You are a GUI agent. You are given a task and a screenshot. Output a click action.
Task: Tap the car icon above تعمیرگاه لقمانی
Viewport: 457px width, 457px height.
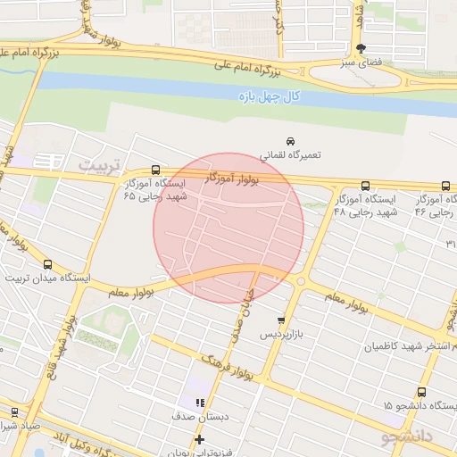click(x=290, y=142)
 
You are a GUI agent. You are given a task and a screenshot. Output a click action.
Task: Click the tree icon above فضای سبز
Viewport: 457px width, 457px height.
click(x=361, y=49)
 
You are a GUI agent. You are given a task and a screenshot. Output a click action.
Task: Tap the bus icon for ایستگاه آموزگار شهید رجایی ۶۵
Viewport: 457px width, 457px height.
click(x=156, y=170)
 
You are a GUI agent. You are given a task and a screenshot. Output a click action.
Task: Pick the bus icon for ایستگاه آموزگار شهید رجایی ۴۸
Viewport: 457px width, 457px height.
click(x=364, y=187)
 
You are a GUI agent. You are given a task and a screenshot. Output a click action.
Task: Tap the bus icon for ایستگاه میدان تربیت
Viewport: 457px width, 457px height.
click(x=47, y=264)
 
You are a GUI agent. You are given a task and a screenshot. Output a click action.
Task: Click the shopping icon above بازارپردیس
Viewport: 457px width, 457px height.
click(x=282, y=320)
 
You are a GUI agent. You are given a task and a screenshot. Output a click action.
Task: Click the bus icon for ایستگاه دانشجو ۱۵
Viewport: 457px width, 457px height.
click(x=422, y=392)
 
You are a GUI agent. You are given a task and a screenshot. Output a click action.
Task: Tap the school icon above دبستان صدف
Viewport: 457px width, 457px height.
click(x=200, y=403)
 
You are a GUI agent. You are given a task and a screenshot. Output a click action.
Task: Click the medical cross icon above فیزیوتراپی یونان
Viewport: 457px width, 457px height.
click(x=199, y=439)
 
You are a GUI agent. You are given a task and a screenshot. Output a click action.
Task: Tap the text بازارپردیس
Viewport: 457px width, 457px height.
click(x=282, y=334)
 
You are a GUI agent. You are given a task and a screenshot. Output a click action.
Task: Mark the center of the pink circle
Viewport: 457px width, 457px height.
click(x=228, y=228)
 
